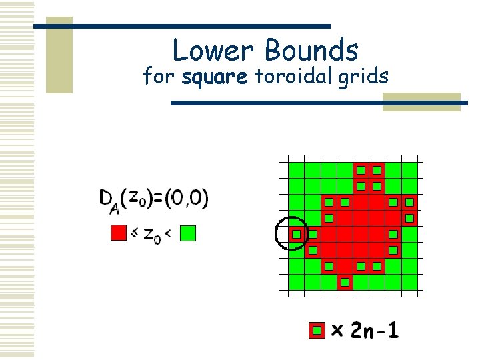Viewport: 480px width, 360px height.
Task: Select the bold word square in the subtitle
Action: [215, 77]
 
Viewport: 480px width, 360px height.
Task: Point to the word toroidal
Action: [291, 77]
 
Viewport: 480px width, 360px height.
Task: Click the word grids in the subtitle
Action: [363, 77]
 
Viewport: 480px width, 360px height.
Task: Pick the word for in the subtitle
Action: [160, 77]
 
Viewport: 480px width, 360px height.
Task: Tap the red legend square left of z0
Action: [118, 233]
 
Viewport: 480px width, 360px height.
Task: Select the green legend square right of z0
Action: [189, 233]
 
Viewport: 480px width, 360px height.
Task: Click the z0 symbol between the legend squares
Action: [153, 235]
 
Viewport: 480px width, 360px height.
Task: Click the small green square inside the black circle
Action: [296, 234]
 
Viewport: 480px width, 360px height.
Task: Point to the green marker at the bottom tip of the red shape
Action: [345, 282]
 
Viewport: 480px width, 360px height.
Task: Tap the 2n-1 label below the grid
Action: [375, 330]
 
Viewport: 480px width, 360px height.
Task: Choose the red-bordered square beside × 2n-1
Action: [317, 330]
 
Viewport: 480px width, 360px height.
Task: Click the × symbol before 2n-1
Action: [338, 331]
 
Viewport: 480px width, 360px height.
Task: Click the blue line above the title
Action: [181, 26]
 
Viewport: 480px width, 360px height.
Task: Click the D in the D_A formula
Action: [106, 198]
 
